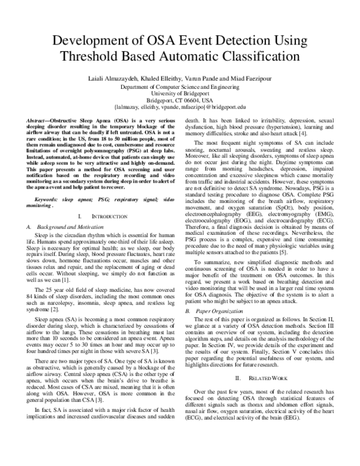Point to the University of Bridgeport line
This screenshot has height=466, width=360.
tap(180, 94)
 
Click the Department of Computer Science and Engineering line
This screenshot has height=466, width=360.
tap(180, 87)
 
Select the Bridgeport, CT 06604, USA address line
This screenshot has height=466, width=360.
tap(180, 100)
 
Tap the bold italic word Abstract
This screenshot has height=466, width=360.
tap(39, 121)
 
